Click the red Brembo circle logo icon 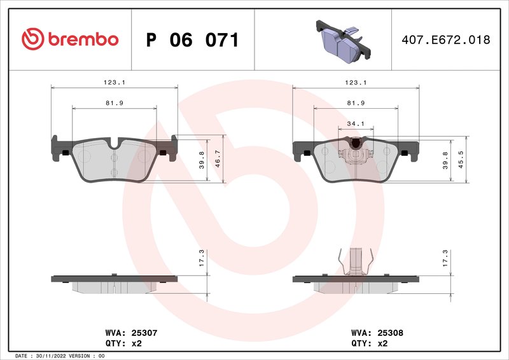(33, 39)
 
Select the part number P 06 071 (192, 40)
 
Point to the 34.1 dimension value (356, 123)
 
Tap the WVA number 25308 (390, 332)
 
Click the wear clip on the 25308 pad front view (356, 153)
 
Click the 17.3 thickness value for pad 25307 (202, 258)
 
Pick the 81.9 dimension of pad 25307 (114, 102)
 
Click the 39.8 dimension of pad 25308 (445, 159)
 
